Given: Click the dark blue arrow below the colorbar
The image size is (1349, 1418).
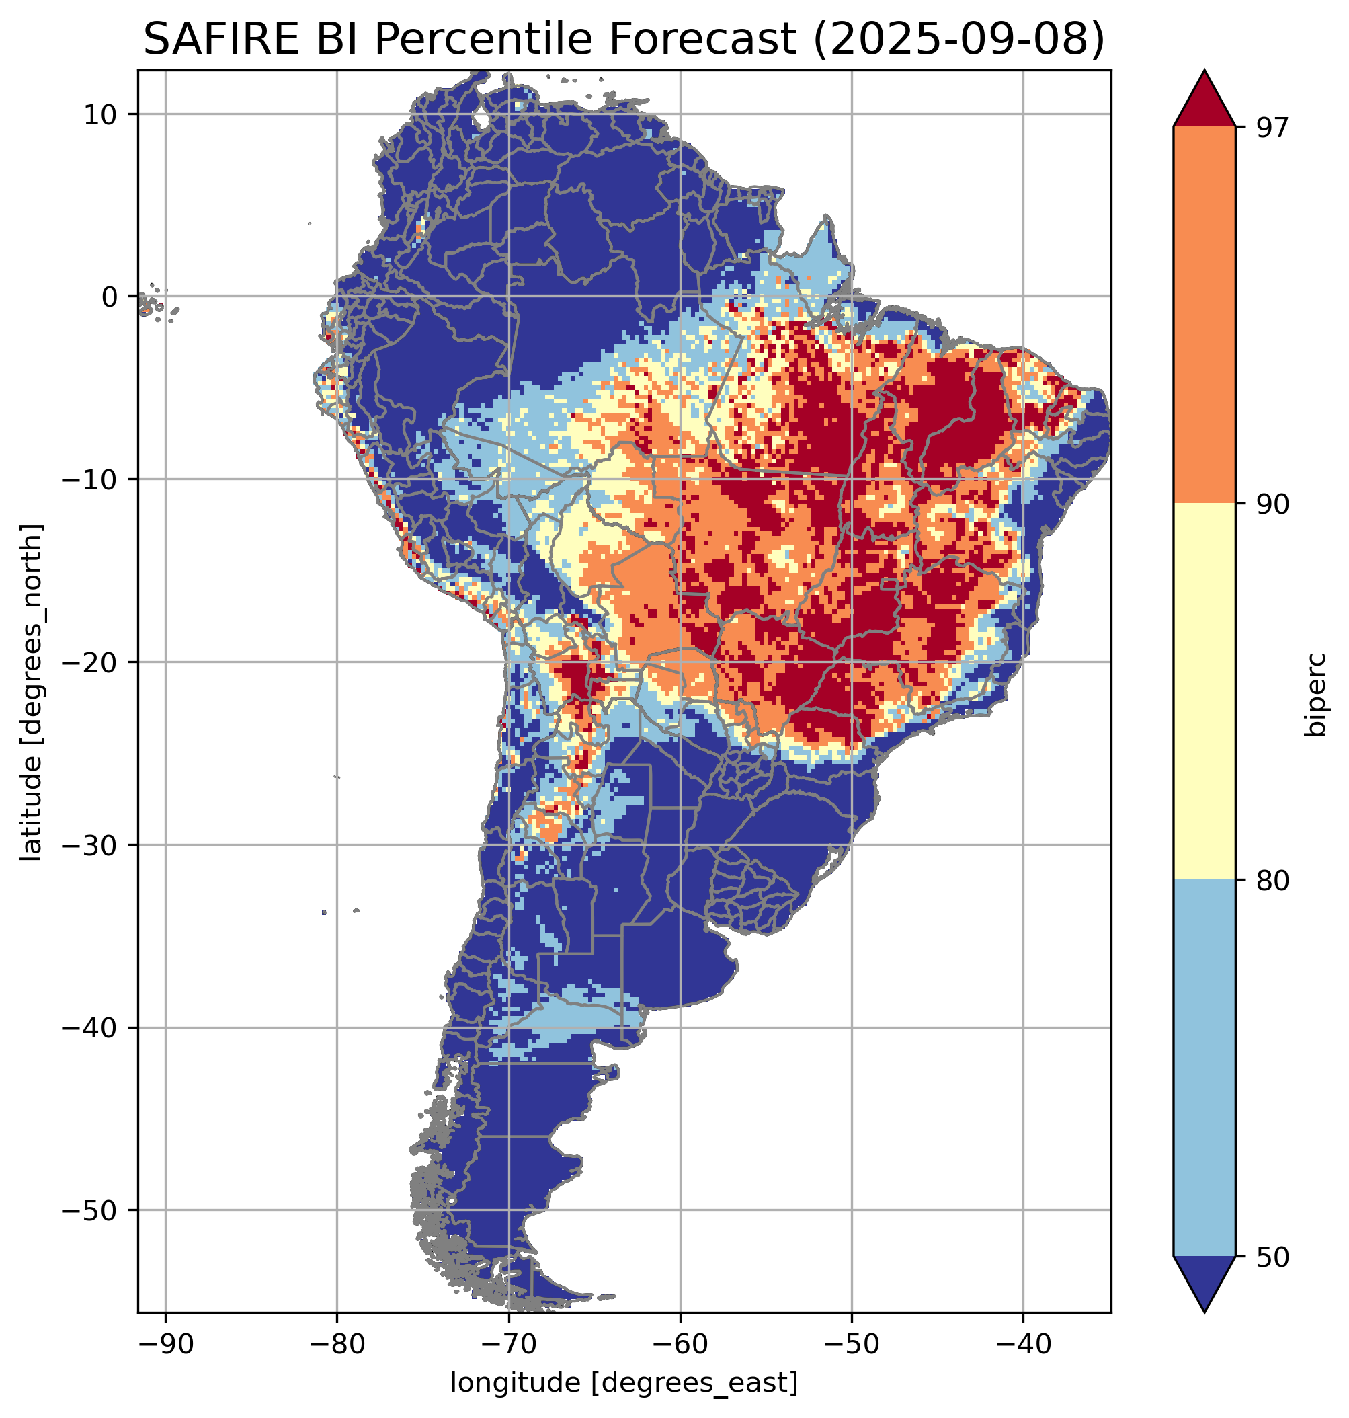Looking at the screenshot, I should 1204,1284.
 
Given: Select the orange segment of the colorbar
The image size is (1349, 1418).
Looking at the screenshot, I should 1204,315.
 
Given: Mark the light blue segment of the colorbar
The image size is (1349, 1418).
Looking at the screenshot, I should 1204,1069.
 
